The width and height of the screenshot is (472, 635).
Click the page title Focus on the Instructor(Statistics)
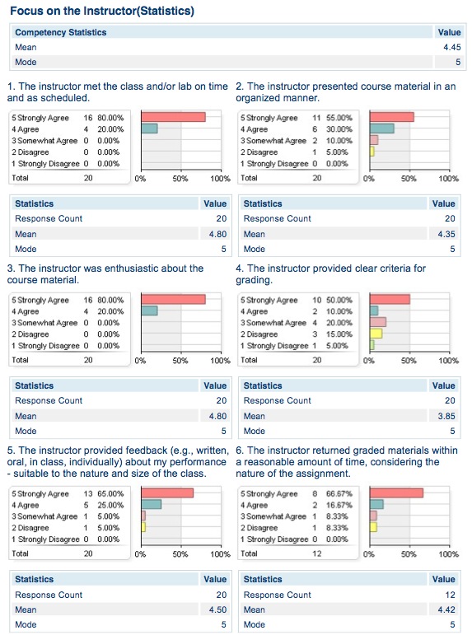(101, 11)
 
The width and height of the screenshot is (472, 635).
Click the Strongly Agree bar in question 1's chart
(173, 117)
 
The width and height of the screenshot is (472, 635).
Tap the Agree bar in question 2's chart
(382, 128)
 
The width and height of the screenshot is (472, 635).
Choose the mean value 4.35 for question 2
(444, 234)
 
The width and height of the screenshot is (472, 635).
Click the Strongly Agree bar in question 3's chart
(173, 299)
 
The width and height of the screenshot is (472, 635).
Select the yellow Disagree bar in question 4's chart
(376, 334)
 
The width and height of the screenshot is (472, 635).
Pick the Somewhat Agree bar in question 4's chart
(378, 322)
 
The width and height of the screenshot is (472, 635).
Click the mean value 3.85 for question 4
(444, 416)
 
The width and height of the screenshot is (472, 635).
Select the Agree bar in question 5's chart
(152, 504)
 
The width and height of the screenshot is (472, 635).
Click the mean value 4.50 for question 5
(215, 610)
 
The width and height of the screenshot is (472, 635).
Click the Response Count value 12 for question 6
(449, 595)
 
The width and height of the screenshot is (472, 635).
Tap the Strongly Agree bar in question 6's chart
(396, 493)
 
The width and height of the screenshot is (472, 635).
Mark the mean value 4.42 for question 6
(444, 610)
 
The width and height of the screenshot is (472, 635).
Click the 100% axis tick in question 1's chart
(220, 178)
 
